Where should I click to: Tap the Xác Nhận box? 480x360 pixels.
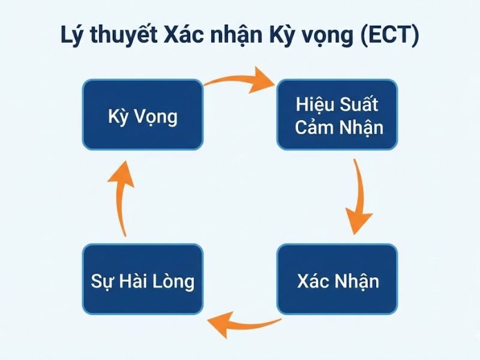tap(337, 280)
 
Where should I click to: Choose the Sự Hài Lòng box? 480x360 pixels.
tap(143, 280)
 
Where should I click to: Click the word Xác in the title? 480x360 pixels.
tap(181, 35)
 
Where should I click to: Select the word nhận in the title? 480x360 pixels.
tap(232, 35)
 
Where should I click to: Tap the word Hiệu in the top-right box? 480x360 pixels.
tap(316, 104)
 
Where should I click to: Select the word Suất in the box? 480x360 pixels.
tap(358, 104)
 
